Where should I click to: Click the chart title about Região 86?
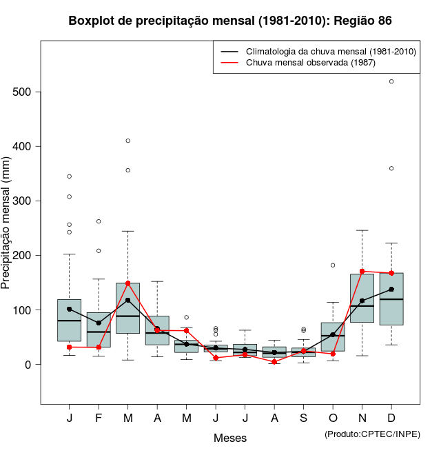click(230, 21)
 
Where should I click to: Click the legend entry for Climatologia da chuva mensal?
click(320, 52)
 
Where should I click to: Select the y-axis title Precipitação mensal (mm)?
click(6, 232)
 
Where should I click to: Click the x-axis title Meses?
click(230, 438)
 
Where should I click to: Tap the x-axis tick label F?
click(99, 418)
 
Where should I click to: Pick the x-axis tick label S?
click(303, 418)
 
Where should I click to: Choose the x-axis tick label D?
click(391, 418)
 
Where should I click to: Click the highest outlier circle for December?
click(391, 81)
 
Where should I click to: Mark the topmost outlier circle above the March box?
click(128, 141)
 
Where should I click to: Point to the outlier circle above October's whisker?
click(333, 265)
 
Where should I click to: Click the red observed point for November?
click(362, 272)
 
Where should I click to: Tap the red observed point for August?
click(274, 362)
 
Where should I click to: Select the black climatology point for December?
click(391, 290)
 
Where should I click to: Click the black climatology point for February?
click(99, 323)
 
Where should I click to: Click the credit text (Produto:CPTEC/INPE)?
click(372, 434)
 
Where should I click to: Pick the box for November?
click(362, 298)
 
